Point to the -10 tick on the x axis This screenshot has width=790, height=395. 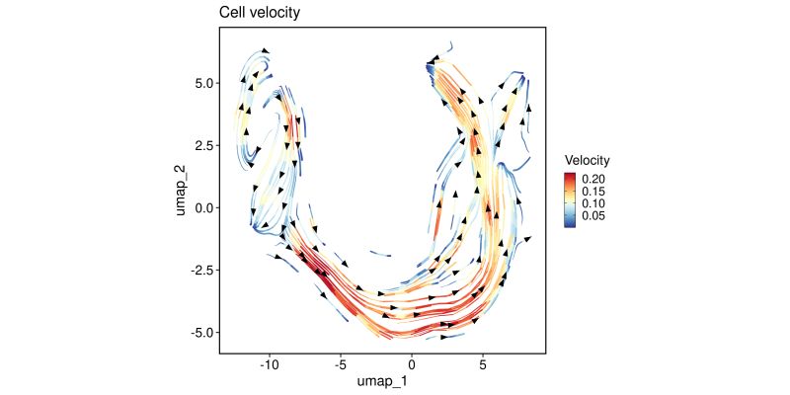coord(270,364)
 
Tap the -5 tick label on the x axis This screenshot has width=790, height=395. coord(341,364)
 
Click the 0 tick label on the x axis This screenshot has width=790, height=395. coord(412,364)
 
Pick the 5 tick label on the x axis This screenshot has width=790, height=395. coord(483,364)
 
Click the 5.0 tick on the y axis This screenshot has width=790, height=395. coord(202,84)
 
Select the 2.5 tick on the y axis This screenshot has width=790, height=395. coord(202,146)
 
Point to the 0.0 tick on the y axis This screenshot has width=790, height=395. coord(202,207)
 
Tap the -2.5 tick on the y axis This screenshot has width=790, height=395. coord(200,270)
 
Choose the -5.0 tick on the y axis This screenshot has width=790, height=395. coord(200,332)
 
